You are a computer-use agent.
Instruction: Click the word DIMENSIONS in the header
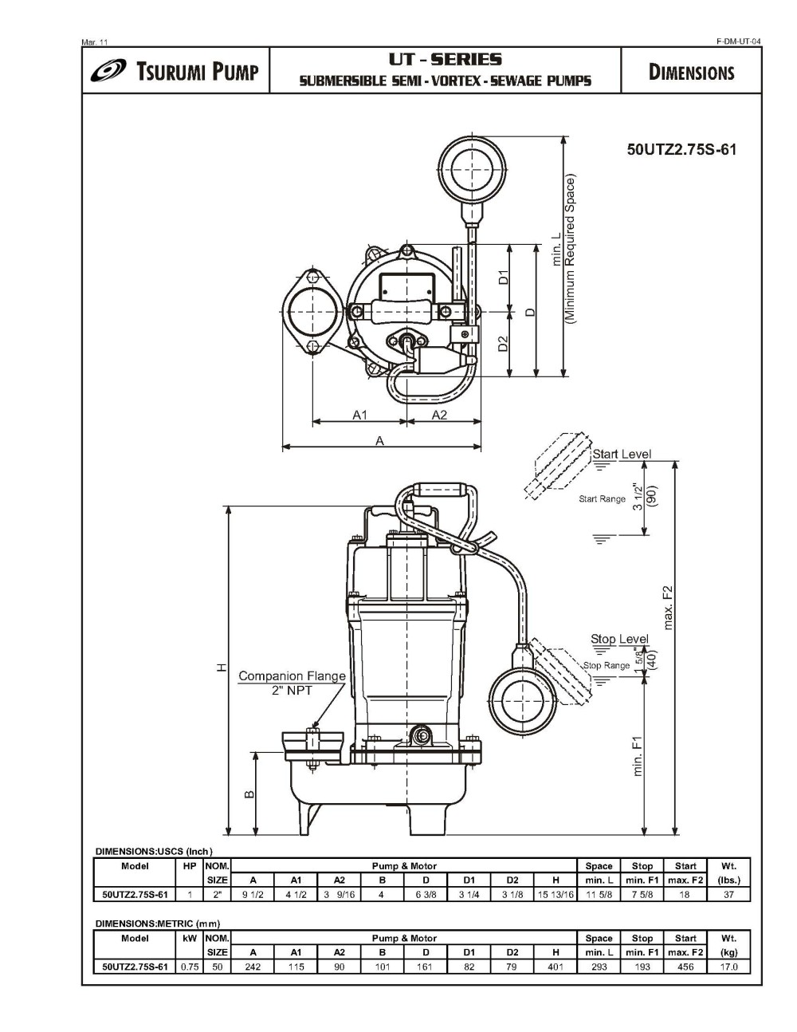(691, 73)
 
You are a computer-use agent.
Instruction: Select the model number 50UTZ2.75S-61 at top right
(681, 150)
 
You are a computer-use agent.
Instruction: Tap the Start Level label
(621, 454)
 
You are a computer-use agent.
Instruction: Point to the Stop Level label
(619, 639)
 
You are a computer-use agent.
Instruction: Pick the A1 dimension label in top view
(359, 415)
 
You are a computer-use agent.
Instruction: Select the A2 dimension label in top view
(439, 415)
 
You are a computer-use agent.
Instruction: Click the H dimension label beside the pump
(224, 668)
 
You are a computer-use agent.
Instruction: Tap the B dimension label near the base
(249, 794)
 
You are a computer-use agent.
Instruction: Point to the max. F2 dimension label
(668, 607)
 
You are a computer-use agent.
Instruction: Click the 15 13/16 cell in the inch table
(556, 894)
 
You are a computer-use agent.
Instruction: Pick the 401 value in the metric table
(556, 967)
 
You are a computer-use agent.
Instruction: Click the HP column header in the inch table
(189, 866)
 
